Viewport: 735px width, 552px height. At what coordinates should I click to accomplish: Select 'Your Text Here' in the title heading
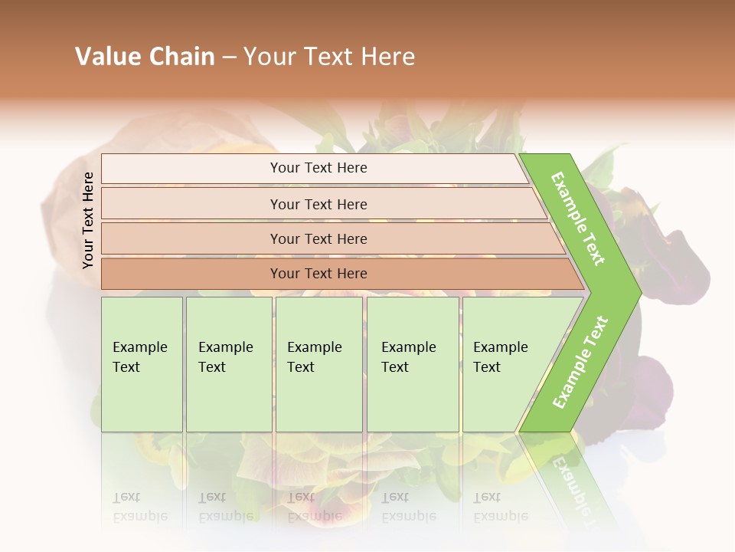pos(329,57)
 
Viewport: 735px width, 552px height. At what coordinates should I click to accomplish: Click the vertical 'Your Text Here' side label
pos(88,220)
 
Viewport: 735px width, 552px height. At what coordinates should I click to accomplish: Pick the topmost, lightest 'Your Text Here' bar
pos(318,168)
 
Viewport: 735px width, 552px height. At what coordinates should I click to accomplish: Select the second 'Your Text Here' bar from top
pos(318,204)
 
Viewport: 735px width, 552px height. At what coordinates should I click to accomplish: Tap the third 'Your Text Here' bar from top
pos(318,238)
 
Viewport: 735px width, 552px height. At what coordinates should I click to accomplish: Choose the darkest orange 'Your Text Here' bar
pos(318,274)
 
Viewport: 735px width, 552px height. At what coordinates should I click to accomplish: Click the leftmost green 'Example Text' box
pos(142,364)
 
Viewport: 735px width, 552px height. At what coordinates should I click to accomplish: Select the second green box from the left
pos(228,364)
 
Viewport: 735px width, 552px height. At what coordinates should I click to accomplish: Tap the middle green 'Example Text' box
pos(318,364)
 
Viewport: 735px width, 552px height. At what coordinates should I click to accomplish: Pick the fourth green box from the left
pos(413,364)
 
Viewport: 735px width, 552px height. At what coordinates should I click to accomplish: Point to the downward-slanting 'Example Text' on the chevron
pos(578,219)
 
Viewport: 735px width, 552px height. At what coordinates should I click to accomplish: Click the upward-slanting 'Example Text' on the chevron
pos(580,363)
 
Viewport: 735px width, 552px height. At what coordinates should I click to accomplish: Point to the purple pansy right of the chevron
pos(674,253)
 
